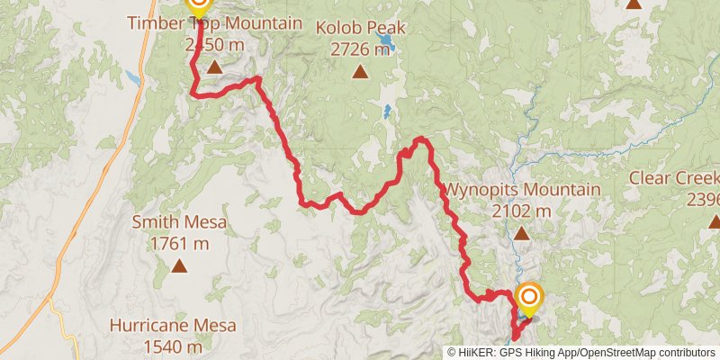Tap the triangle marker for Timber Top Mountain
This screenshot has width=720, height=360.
(x=214, y=67)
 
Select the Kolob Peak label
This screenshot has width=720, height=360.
(x=360, y=28)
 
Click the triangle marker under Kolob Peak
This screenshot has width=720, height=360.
(x=360, y=72)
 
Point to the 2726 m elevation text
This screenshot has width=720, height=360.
(x=360, y=49)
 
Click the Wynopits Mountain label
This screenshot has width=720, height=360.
(x=522, y=190)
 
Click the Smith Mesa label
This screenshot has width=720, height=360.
(x=180, y=221)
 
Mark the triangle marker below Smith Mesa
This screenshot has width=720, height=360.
(x=180, y=265)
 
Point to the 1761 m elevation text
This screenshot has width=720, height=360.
(x=180, y=243)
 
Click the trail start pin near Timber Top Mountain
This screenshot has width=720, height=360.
(x=197, y=7)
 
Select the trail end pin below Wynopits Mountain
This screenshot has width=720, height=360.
(x=529, y=297)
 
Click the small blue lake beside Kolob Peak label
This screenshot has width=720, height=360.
(x=387, y=42)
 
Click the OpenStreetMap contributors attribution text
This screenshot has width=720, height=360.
(x=645, y=353)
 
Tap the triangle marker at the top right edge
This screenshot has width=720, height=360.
(x=634, y=4)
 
